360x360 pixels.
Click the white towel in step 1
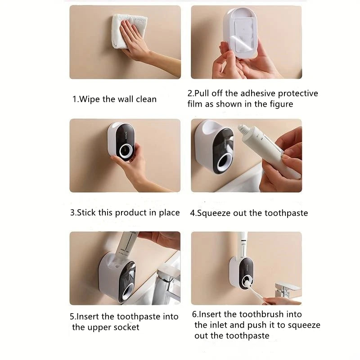click(x=128, y=31)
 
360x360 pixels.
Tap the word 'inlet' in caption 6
click(x=219, y=325)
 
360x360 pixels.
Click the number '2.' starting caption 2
click(x=191, y=94)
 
